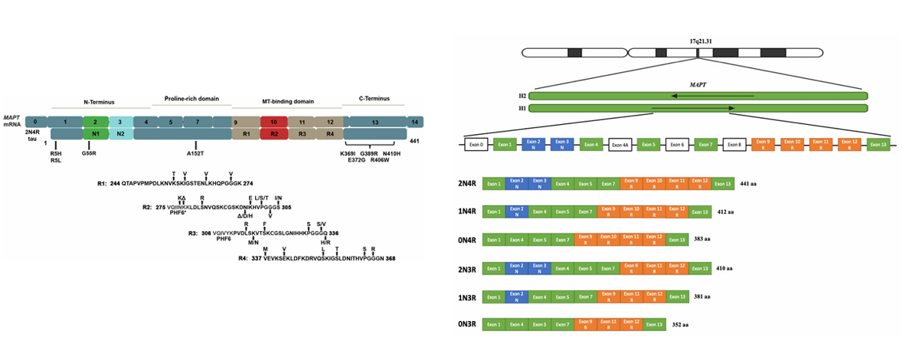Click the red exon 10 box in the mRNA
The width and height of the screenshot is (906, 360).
point(273,122)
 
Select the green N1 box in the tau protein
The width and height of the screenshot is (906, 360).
point(95,134)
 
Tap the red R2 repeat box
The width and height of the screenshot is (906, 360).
point(273,134)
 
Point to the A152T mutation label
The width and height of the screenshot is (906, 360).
point(197,152)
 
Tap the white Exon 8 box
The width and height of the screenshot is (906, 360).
point(734,143)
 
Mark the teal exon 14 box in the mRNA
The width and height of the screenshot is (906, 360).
point(414,122)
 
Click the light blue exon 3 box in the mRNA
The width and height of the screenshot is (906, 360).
point(119,122)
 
